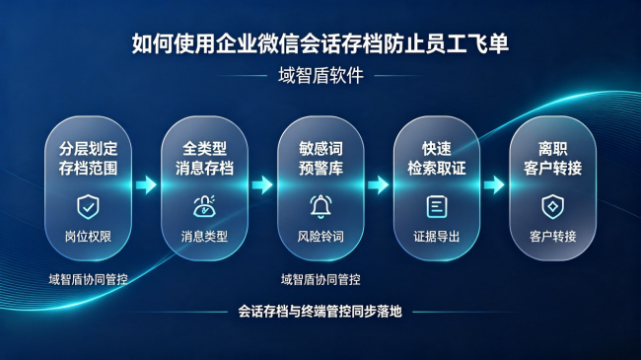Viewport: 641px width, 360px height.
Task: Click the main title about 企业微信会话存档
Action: [x=320, y=43]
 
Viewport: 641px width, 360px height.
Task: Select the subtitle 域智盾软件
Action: [x=320, y=76]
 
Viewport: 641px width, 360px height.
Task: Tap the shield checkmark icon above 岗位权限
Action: [x=88, y=207]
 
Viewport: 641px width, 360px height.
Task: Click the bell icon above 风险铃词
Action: [x=320, y=206]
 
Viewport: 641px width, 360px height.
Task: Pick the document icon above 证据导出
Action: [x=437, y=206]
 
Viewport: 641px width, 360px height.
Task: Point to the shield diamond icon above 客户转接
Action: [x=552, y=207]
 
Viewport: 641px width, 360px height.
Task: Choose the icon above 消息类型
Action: [x=204, y=206]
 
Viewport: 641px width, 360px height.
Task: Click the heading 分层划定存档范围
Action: [x=89, y=159]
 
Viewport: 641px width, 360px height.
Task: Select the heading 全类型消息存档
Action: [x=204, y=159]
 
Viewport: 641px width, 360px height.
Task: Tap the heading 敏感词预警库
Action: [x=320, y=159]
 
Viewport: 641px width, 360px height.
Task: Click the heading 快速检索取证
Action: [x=437, y=159]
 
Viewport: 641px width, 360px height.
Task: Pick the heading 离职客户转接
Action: [x=552, y=159]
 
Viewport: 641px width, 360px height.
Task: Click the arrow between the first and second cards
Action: [x=146, y=184]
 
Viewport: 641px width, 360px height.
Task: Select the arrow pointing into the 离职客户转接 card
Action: [x=494, y=184]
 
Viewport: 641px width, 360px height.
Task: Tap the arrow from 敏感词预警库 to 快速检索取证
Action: [x=379, y=184]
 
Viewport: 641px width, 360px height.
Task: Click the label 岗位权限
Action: [x=89, y=237]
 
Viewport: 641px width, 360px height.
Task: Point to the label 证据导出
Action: [x=437, y=237]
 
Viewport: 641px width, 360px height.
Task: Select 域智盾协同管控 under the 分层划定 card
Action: [x=89, y=280]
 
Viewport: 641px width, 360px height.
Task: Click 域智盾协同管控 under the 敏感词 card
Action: [x=320, y=280]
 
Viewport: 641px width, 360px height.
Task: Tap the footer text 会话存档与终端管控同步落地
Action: [x=320, y=312]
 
